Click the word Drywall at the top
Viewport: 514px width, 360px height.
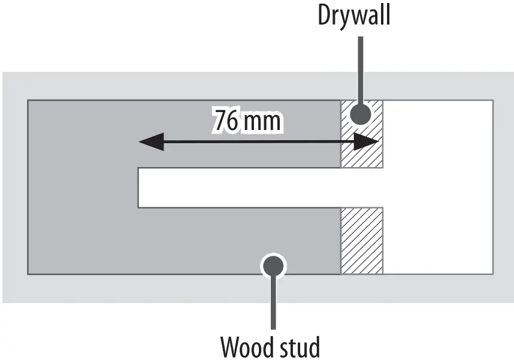point(354,16)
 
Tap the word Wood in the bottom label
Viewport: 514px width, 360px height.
point(244,346)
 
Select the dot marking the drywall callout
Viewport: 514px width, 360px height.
point(359,114)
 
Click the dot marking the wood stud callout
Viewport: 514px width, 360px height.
point(273,264)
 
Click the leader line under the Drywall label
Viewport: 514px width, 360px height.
point(359,66)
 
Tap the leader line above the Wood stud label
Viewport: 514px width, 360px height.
point(273,302)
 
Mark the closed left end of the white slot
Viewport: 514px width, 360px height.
point(140,187)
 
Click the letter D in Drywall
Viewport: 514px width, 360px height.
point(325,16)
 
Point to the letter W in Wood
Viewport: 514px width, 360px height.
point(231,346)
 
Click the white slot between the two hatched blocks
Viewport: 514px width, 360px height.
point(362,187)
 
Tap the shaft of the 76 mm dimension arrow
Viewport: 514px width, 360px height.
point(258,142)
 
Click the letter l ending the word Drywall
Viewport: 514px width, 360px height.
point(388,16)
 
